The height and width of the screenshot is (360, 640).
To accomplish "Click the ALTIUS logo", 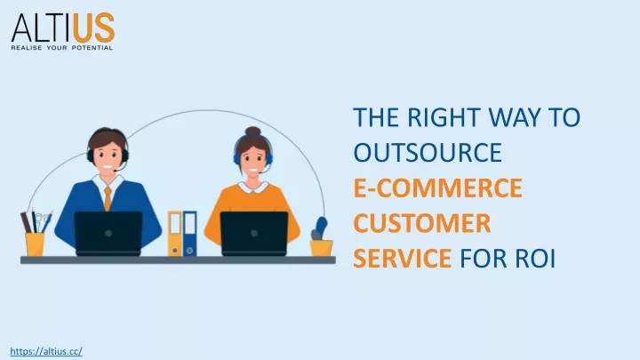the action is [63, 31].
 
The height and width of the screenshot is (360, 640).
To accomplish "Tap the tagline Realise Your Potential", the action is [62, 48].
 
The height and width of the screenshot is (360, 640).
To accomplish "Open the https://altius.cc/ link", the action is [46, 351].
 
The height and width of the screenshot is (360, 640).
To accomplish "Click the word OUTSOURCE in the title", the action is [428, 152].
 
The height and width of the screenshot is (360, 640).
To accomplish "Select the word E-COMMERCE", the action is [437, 188].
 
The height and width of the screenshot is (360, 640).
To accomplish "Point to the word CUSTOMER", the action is [422, 223].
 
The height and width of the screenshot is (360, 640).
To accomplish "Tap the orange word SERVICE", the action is [402, 259].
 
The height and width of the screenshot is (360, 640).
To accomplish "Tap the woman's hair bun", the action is [252, 131].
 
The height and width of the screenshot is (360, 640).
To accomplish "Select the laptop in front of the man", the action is [108, 234].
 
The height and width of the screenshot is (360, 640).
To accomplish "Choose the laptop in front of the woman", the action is [254, 234].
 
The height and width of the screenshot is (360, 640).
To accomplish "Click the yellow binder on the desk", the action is [175, 234].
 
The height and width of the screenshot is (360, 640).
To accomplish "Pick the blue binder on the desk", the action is [190, 234].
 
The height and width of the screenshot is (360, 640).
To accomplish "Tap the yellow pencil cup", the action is [35, 244].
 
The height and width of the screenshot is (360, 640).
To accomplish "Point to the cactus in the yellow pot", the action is [319, 228].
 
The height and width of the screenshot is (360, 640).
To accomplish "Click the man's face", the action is [108, 157].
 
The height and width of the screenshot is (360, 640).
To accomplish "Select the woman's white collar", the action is [253, 188].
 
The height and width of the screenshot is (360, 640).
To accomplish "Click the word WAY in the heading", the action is [516, 117].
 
